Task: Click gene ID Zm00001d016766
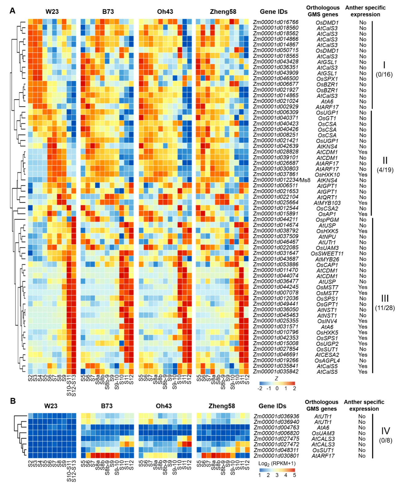click(275, 22)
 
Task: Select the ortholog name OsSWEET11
click(327, 253)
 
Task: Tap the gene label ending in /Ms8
click(282, 180)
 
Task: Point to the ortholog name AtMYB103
click(327, 203)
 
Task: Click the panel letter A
click(12, 11)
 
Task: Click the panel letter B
click(13, 401)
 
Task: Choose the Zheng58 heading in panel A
click(223, 12)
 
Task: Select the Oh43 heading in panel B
click(164, 406)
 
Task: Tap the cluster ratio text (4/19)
click(385, 170)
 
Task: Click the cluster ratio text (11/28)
click(385, 308)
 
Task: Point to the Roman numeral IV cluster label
click(385, 431)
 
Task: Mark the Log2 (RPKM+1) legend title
click(277, 463)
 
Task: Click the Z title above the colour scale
click(276, 378)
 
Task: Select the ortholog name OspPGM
click(327, 220)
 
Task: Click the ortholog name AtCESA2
click(327, 355)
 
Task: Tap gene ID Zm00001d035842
click(275, 372)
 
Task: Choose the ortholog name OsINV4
click(327, 321)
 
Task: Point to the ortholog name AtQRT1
click(327, 197)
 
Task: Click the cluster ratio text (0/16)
click(384, 74)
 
